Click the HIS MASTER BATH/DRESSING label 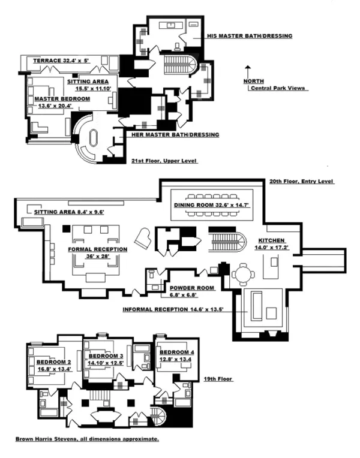(249, 37)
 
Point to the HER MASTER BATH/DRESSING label (175, 135)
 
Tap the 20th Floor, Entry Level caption (301, 182)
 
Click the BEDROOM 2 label (55, 362)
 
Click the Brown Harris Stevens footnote (88, 439)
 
